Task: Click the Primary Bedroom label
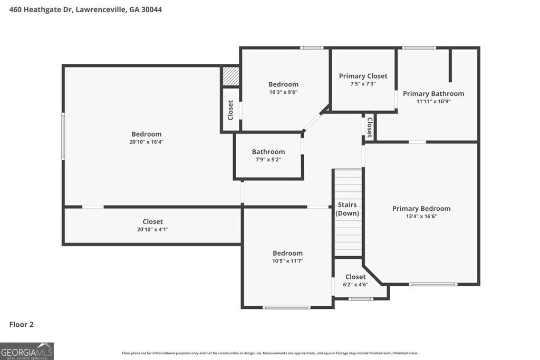[x=421, y=208]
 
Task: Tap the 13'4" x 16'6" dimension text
[x=421, y=216]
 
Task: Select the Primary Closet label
[x=363, y=76]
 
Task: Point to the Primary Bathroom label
[x=433, y=94]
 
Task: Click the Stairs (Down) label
[x=347, y=209]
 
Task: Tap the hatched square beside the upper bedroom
[x=230, y=75]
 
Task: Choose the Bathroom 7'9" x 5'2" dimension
[x=268, y=159]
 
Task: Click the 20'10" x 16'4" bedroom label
[x=147, y=134]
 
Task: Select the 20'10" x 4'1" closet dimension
[x=152, y=229]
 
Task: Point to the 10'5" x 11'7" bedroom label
[x=287, y=253]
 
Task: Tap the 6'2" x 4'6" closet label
[x=355, y=277]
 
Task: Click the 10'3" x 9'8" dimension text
[x=283, y=92]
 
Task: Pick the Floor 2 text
[x=22, y=325]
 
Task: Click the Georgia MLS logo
[x=26, y=351]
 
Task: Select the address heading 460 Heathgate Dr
[x=81, y=9]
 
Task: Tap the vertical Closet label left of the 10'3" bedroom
[x=230, y=110]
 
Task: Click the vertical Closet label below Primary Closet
[x=370, y=127]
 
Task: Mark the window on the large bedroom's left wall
[x=63, y=135]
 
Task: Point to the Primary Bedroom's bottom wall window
[x=433, y=285]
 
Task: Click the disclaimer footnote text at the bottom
[x=270, y=353]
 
